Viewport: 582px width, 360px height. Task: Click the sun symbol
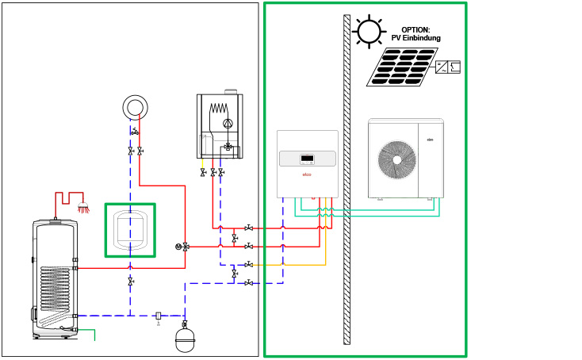369,32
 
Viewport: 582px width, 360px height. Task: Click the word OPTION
415,30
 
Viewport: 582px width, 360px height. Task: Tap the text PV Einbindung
415,38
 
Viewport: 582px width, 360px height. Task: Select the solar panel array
402,67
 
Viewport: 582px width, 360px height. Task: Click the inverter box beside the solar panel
448,67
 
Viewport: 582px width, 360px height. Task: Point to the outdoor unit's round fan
396,159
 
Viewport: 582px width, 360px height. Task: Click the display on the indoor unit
307,159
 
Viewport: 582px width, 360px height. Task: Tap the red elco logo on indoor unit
307,174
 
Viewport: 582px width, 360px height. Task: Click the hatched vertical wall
347,178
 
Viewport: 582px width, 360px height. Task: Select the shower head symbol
82,209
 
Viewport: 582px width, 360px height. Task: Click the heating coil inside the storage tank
55,289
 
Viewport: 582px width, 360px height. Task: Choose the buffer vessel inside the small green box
130,230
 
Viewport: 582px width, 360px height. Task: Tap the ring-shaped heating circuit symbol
135,107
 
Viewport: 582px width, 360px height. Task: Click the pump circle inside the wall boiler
228,123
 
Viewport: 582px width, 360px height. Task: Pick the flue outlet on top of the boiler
230,91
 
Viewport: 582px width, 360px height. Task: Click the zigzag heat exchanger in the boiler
218,109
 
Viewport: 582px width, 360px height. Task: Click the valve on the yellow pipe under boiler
203,172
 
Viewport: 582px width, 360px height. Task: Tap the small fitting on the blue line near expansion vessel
159,316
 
